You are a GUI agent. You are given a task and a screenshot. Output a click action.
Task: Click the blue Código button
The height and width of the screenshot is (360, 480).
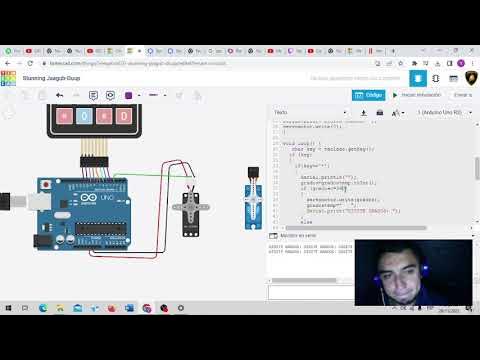pyautogui.click(x=369, y=95)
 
